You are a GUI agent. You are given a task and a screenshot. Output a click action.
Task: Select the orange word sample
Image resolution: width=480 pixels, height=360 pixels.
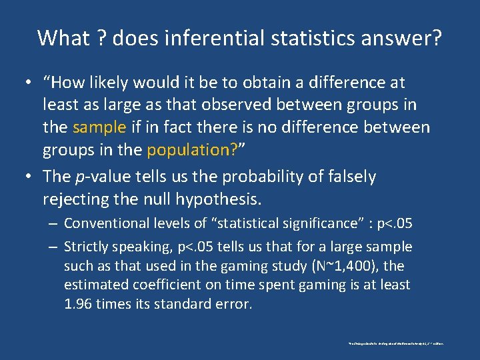tap(99, 127)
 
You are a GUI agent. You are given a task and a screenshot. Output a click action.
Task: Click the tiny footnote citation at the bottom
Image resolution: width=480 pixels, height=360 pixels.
tap(395, 343)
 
